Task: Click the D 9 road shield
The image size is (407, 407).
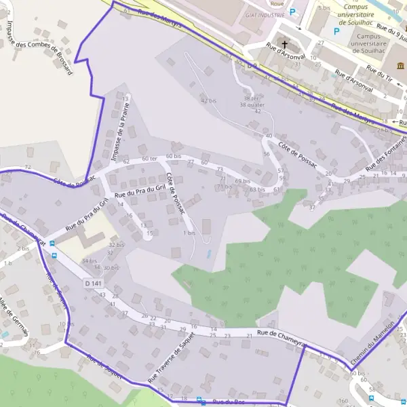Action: pyautogui.click(x=252, y=65)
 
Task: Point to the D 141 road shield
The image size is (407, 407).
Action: pyautogui.click(x=94, y=282)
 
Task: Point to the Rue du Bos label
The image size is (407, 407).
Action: pyautogui.click(x=228, y=402)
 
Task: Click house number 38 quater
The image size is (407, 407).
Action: pyautogui.click(x=252, y=104)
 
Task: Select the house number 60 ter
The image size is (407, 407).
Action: pyautogui.click(x=149, y=159)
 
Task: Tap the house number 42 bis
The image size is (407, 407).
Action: pyautogui.click(x=208, y=100)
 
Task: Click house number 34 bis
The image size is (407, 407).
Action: pyautogui.click(x=89, y=260)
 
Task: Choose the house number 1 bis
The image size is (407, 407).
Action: pyautogui.click(x=189, y=233)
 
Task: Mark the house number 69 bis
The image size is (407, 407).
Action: pyautogui.click(x=243, y=181)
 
